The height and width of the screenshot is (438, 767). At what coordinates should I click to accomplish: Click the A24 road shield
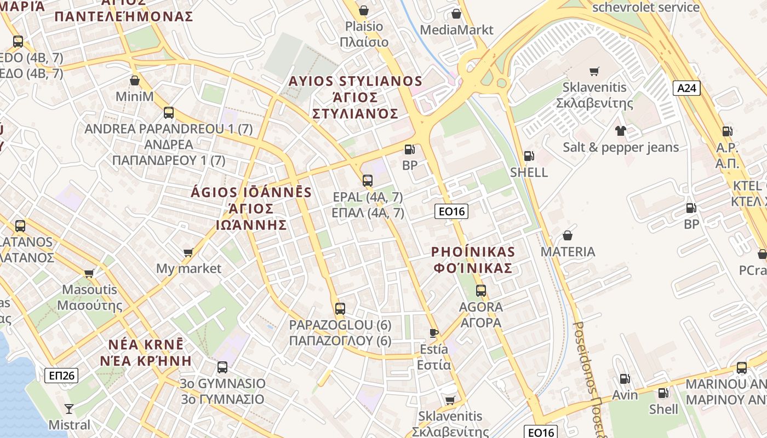687,88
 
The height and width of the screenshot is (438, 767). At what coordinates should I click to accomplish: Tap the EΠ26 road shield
61,376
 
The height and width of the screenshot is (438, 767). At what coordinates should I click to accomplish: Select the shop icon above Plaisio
363,10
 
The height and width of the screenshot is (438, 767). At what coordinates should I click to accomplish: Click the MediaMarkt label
456,30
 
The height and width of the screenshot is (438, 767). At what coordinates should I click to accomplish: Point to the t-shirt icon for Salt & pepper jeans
620,130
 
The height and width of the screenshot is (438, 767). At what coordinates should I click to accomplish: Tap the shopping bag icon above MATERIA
568,235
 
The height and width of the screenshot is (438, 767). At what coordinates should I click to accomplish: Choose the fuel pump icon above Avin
624,378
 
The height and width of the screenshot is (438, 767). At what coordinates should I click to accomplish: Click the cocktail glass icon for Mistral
69,408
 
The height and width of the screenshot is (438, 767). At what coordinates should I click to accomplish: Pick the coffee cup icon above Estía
434,333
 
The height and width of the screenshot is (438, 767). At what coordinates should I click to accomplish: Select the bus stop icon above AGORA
481,291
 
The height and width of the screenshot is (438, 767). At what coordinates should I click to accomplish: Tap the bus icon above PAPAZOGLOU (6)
340,308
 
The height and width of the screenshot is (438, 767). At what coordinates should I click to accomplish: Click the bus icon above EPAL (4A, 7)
368,180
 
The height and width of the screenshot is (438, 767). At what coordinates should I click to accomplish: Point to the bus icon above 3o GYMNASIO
222,367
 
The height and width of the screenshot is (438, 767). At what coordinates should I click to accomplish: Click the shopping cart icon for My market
188,252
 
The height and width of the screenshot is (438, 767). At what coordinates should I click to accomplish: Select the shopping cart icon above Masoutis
89,273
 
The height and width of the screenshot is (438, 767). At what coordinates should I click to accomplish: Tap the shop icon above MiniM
135,80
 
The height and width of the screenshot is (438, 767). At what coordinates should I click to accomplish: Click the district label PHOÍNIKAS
473,252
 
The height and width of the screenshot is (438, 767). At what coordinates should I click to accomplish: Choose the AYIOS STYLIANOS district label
356,82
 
